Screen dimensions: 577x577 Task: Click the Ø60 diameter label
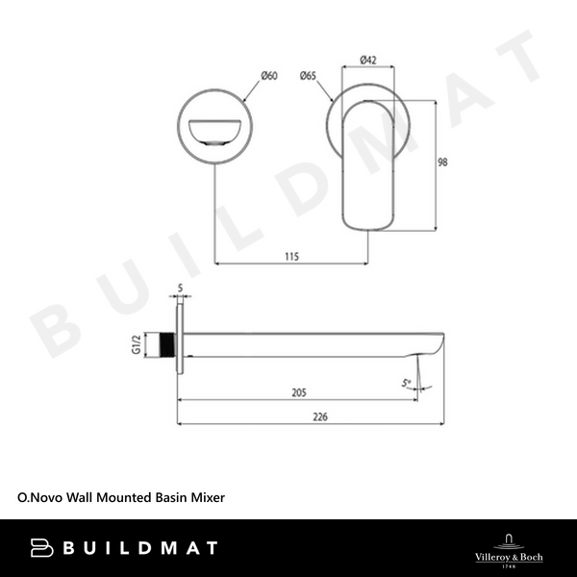(x=268, y=76)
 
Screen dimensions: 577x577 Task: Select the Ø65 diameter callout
(x=309, y=75)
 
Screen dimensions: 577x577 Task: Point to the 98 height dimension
(x=442, y=163)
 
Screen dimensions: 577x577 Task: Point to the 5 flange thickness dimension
(x=180, y=287)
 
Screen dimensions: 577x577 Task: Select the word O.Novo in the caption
(x=39, y=500)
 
